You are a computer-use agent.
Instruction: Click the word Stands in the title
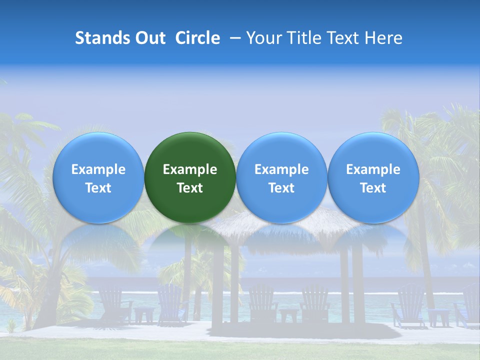tap(102, 38)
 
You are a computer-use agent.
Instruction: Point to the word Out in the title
tap(150, 38)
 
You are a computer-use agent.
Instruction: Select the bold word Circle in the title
tap(197, 38)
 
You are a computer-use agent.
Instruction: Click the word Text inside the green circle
tap(190, 188)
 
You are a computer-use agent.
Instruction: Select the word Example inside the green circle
tap(190, 169)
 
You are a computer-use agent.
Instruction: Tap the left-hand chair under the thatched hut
tap(262, 302)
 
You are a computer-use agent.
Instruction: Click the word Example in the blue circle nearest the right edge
tap(373, 169)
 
